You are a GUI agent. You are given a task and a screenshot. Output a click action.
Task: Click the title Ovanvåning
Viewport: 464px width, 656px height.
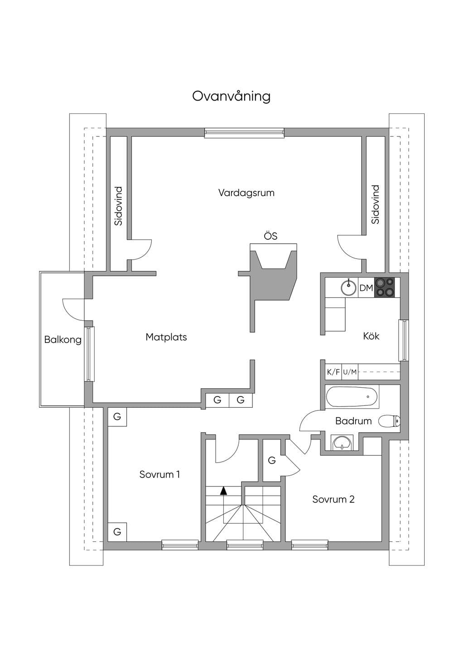click(x=231, y=96)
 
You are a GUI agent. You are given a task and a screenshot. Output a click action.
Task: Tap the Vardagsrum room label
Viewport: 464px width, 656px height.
click(x=246, y=193)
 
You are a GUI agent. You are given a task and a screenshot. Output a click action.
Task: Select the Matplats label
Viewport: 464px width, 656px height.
click(x=166, y=337)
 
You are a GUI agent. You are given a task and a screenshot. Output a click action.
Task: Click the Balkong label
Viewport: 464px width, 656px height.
click(x=63, y=340)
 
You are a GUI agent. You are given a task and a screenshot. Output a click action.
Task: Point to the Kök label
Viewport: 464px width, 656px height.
click(x=371, y=336)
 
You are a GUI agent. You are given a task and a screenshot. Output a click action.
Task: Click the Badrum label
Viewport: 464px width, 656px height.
click(x=353, y=421)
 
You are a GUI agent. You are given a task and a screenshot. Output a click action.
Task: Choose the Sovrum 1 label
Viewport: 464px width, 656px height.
click(x=159, y=474)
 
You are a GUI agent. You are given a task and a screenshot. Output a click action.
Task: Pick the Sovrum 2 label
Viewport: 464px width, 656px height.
click(x=333, y=499)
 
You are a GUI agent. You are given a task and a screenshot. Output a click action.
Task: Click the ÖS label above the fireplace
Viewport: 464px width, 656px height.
click(x=271, y=236)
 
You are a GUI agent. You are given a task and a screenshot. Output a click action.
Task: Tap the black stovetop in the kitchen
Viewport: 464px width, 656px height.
click(x=384, y=288)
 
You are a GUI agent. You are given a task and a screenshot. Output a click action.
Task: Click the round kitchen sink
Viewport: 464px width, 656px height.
click(x=348, y=287)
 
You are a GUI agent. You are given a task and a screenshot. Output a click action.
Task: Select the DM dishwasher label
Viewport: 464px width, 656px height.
click(x=366, y=288)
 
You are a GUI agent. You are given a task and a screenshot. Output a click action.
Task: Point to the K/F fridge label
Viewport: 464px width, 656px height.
click(x=333, y=372)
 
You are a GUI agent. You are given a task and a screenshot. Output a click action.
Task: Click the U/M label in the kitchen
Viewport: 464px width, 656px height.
click(x=350, y=372)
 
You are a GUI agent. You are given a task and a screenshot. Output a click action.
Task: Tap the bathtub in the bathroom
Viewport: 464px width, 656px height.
click(x=352, y=397)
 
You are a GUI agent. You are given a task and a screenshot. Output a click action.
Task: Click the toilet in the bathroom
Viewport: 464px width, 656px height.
click(x=389, y=421)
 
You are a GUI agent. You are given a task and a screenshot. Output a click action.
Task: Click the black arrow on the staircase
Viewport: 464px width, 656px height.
click(x=223, y=491)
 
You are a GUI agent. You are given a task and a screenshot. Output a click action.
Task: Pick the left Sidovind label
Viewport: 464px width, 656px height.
click(x=118, y=206)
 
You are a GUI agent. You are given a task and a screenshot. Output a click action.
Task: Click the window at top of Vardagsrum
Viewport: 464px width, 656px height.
click(x=244, y=133)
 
